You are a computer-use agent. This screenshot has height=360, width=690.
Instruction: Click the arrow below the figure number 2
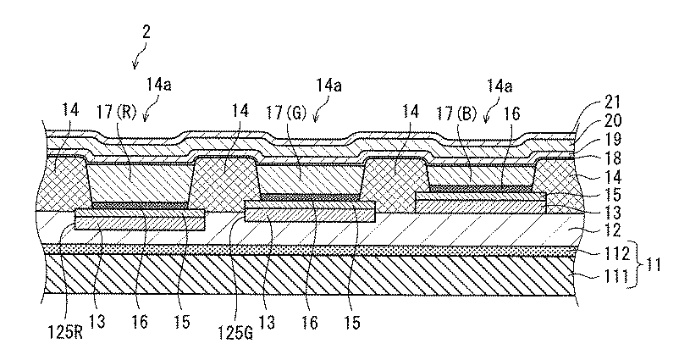click(137, 59)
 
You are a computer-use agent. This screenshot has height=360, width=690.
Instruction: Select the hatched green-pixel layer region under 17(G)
click(309, 180)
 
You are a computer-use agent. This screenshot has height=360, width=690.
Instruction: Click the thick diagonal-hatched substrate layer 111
click(305, 274)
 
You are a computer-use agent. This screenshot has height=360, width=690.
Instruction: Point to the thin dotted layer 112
click(305, 249)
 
